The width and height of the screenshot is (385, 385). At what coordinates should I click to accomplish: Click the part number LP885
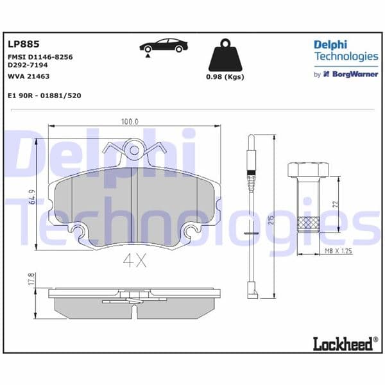click(23, 44)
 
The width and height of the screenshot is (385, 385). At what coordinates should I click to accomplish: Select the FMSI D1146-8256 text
click(40, 57)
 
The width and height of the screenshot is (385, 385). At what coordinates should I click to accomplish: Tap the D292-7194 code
click(28, 65)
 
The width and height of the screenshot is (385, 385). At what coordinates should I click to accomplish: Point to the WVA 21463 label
click(29, 76)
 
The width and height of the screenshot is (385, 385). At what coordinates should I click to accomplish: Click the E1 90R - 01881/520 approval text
click(44, 96)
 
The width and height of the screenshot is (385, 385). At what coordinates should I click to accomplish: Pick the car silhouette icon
click(164, 46)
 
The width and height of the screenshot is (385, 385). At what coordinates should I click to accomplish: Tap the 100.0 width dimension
click(130, 121)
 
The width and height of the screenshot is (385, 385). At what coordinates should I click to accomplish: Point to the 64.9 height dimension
click(31, 192)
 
